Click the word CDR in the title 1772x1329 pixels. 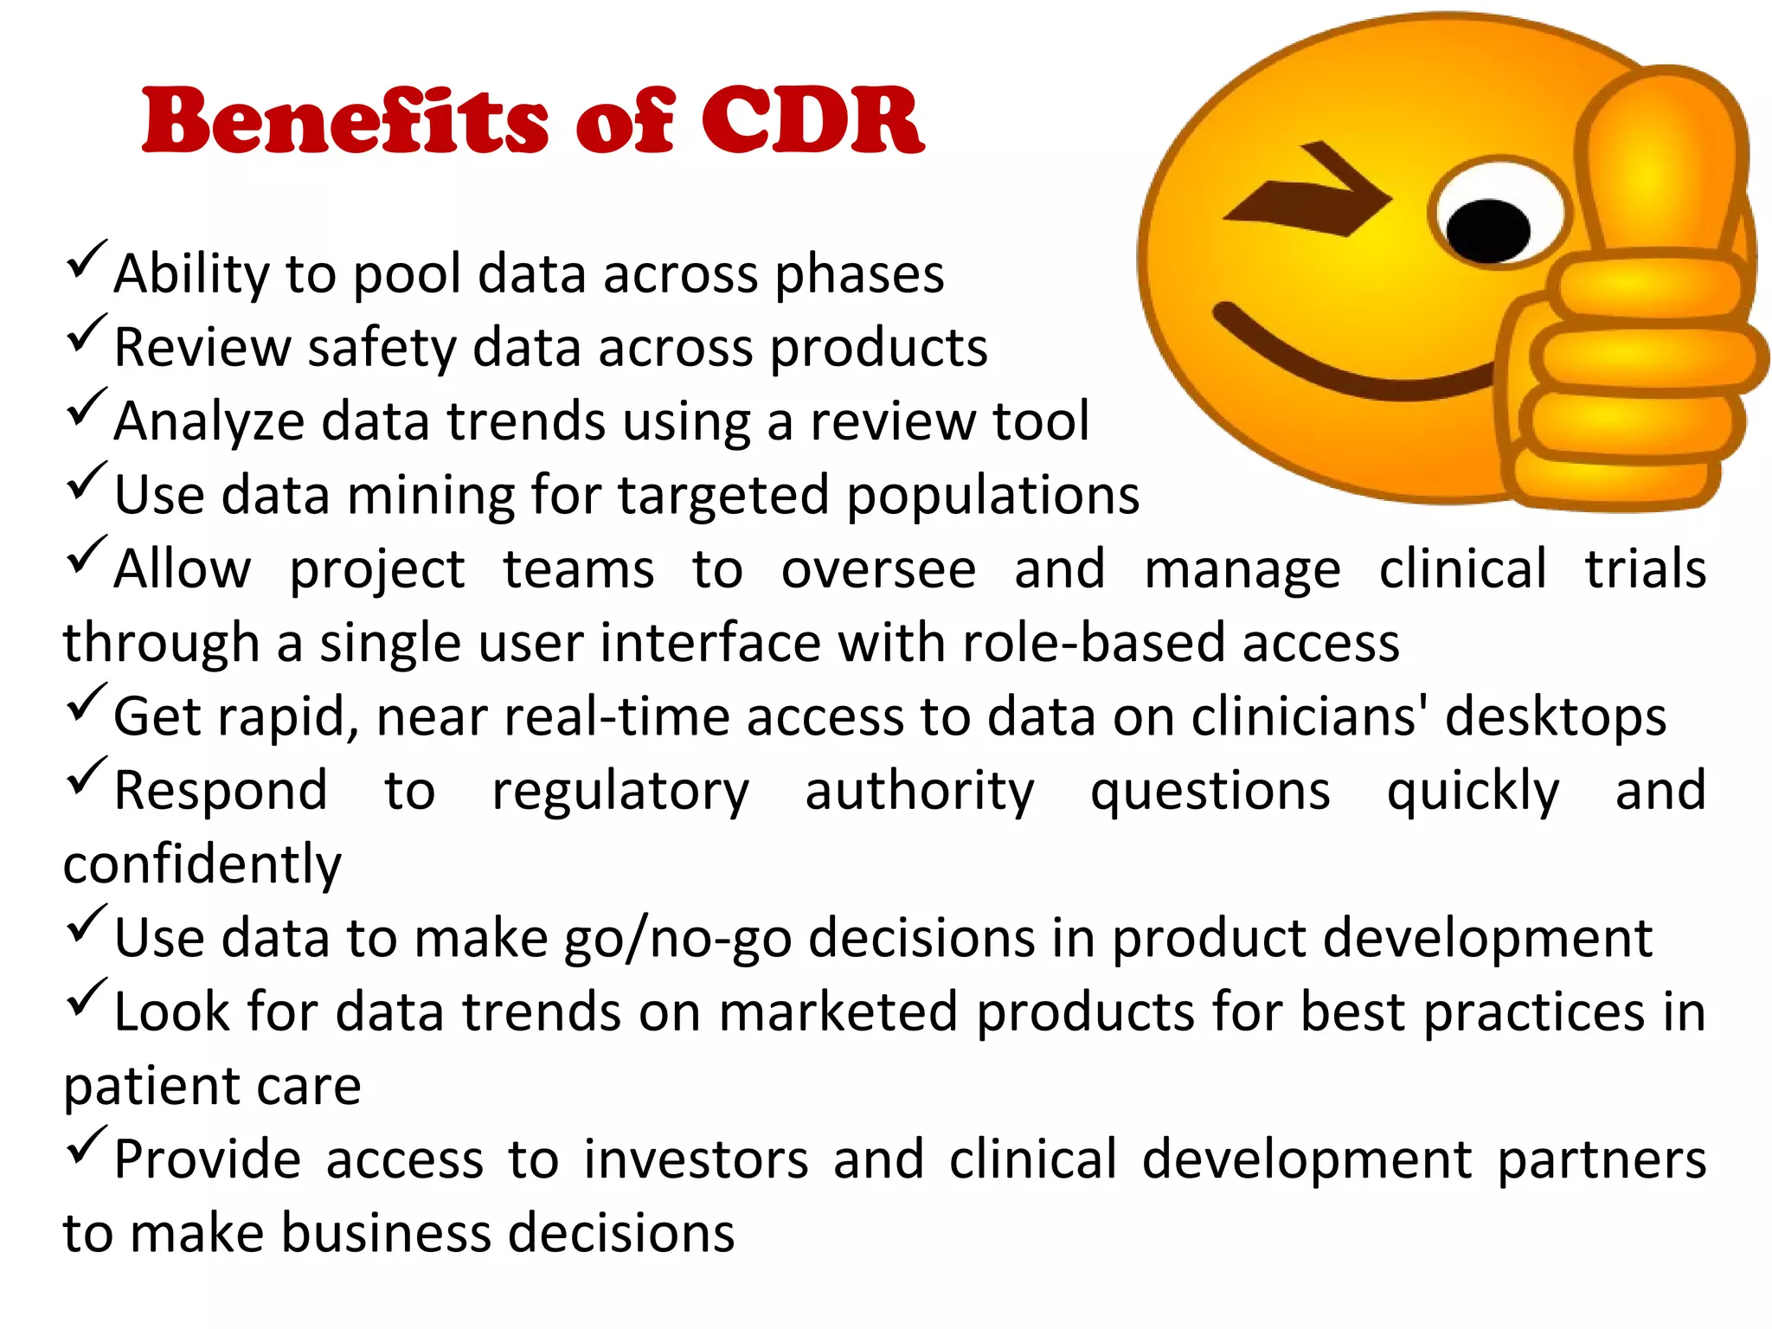click(x=812, y=121)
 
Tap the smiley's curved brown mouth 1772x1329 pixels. click(x=1350, y=363)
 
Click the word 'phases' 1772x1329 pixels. click(x=858, y=275)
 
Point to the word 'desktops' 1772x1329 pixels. click(x=1555, y=718)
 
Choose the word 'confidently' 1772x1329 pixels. click(x=202, y=864)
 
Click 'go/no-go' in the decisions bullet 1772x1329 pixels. click(x=677, y=939)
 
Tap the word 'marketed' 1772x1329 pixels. click(x=838, y=1011)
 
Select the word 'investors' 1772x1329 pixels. click(x=696, y=1159)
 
